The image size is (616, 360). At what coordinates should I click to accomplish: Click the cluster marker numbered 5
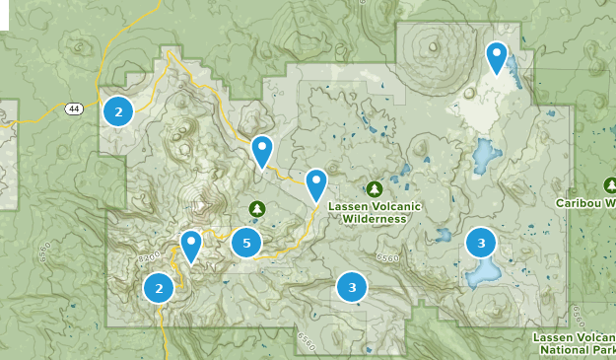[246, 243]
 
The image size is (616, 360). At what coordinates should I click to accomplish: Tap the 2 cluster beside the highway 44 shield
[118, 111]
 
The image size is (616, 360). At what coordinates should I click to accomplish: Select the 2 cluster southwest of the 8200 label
[158, 289]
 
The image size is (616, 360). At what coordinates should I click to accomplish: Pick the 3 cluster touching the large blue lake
[481, 243]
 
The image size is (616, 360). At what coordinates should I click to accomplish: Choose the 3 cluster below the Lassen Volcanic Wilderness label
[352, 288]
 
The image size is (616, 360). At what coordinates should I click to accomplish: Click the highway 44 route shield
[74, 108]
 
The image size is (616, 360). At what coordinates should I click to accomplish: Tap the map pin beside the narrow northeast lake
[497, 57]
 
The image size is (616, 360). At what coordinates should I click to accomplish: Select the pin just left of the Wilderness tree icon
[315, 184]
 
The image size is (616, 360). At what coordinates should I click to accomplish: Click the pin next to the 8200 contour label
[190, 245]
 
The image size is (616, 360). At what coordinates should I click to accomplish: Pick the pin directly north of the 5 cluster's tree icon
[261, 151]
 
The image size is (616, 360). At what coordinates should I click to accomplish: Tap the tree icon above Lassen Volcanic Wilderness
[375, 188]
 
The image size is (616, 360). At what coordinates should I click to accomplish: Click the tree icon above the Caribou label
[610, 184]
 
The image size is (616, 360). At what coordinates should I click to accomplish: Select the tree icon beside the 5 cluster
[257, 208]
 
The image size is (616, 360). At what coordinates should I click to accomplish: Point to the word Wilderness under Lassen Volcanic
[375, 219]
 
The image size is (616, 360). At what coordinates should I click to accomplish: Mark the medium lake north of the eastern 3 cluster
[484, 155]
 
